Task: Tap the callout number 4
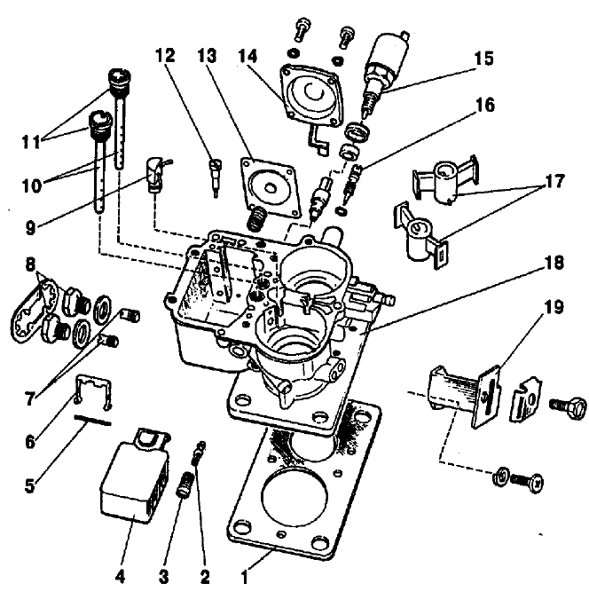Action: tap(120, 576)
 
